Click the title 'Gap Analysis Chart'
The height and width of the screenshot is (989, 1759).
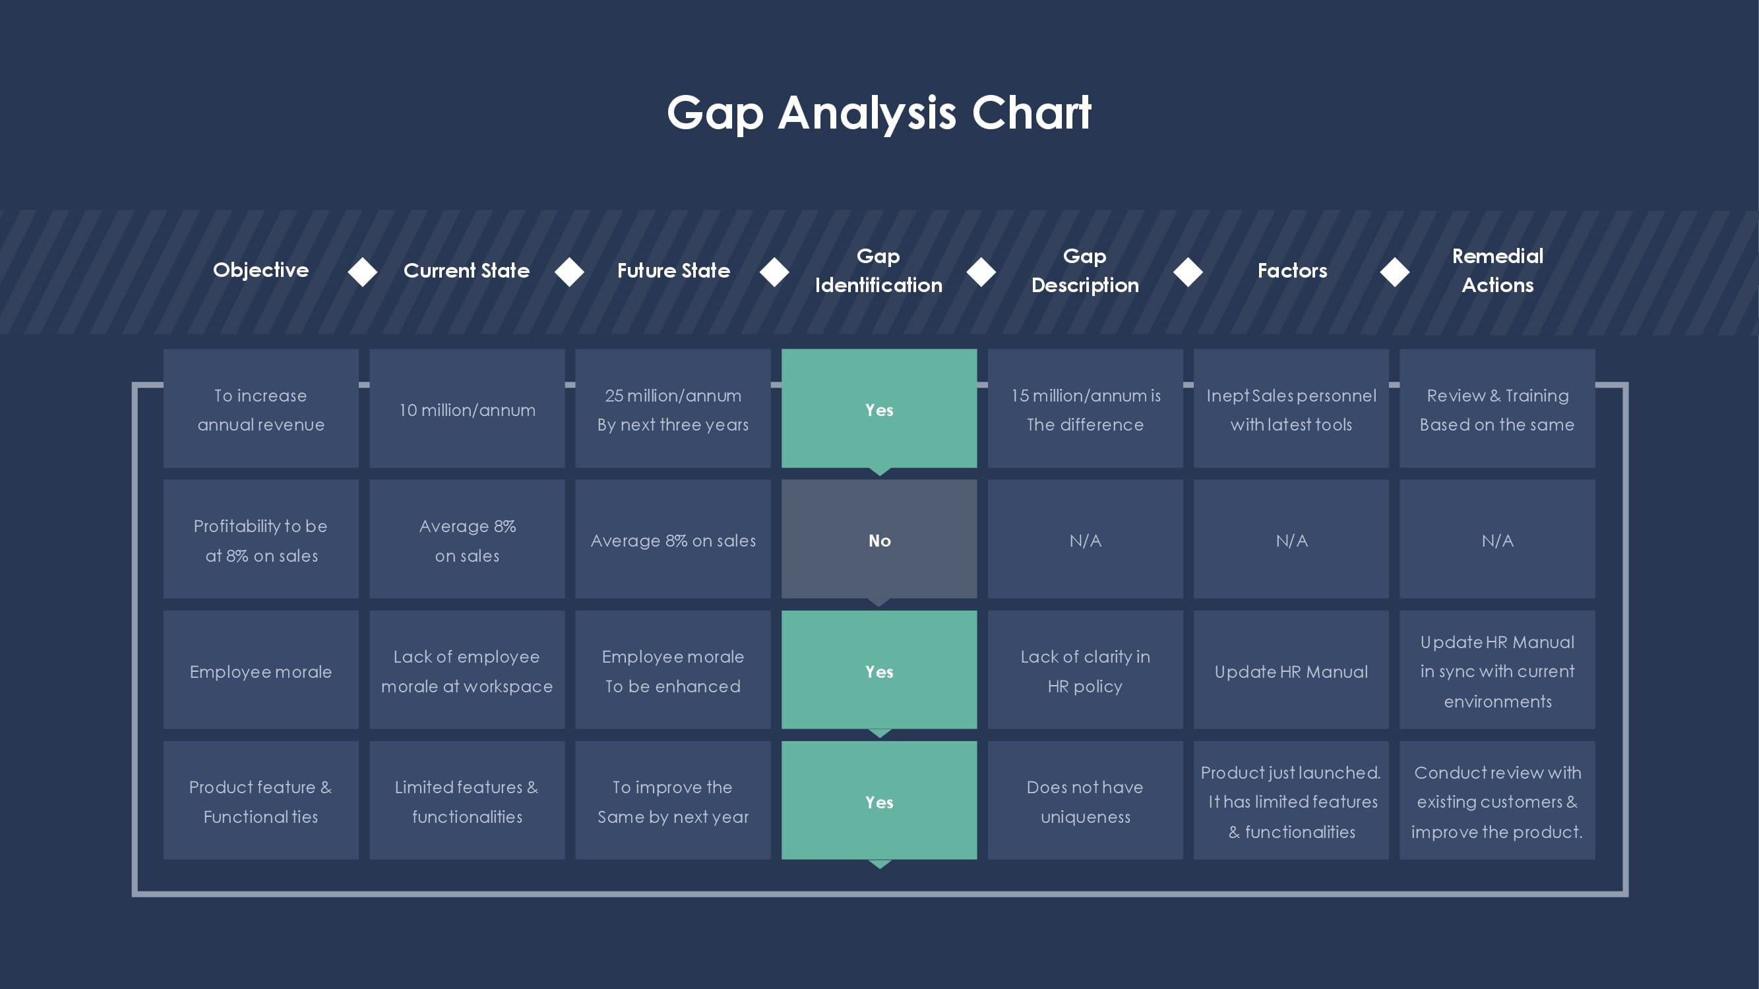pos(879,113)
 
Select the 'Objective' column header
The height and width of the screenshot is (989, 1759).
pos(261,270)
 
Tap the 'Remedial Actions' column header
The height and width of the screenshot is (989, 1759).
pos(1497,270)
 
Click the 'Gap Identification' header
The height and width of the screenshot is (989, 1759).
pos(879,270)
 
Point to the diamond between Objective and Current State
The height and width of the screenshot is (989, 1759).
pos(363,272)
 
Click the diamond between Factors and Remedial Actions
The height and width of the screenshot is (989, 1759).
pos(1394,272)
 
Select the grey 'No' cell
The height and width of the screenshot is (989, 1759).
pos(879,539)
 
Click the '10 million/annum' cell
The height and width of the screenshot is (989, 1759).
pos(467,408)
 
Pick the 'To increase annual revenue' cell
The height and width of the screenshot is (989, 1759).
pos(261,408)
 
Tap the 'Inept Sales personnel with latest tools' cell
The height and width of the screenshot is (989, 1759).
pos(1291,408)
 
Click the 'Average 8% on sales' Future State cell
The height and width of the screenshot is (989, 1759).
pos(673,539)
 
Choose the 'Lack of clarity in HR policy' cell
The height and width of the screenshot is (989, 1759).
pos(1085,670)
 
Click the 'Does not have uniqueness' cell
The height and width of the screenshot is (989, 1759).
pos(1085,800)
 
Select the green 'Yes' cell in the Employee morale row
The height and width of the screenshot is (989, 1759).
pos(879,670)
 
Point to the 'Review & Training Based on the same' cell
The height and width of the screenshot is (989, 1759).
pos(1497,408)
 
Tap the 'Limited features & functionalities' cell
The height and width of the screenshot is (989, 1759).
pos(467,800)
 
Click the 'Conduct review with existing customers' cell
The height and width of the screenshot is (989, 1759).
pos(1497,800)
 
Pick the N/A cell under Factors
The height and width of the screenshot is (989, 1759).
pos(1291,539)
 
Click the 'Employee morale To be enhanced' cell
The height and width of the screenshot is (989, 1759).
pos(673,670)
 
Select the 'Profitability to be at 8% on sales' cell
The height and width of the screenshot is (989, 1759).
pos(261,539)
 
